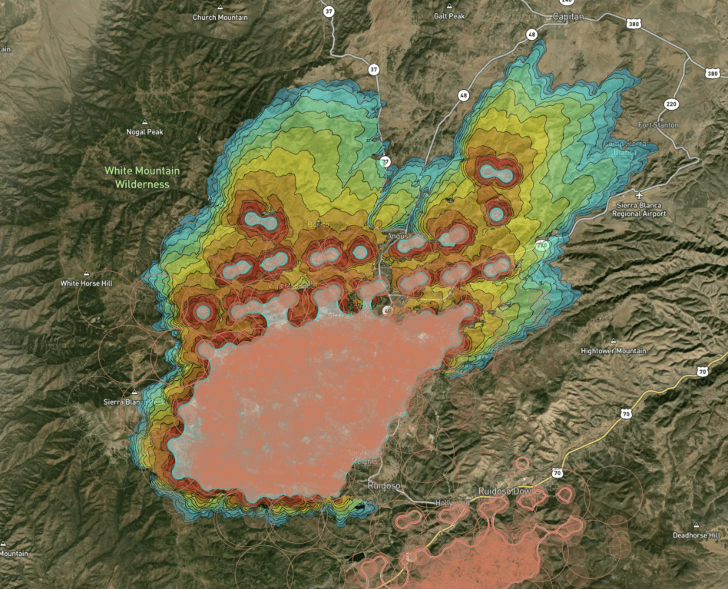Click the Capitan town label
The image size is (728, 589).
coord(568,16)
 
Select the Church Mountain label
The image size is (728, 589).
coord(220,17)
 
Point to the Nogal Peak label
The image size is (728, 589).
coord(145,132)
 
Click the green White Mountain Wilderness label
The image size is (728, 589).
coord(142,177)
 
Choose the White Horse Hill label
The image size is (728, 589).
coord(87,283)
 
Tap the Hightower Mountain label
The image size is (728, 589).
coord(614,351)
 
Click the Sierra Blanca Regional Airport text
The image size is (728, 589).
coord(641,210)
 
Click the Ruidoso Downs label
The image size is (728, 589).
coord(509,491)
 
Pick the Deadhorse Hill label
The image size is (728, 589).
coord(696,534)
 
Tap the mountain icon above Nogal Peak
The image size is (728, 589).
coord(145,121)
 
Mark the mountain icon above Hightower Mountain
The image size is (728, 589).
coord(613,340)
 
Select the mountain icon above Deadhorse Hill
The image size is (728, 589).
coord(696,524)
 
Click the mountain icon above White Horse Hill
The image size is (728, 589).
coord(86,273)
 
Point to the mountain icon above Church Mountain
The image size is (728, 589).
coord(220,6)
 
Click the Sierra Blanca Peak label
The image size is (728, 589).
coord(134,402)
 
